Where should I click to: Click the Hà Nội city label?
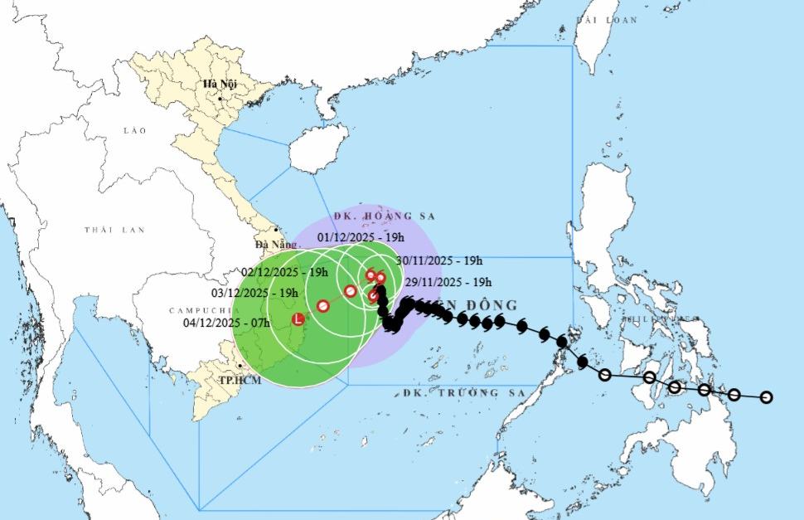coord(220,85)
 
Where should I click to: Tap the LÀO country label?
coord(133,131)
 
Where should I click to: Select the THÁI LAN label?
coord(114,230)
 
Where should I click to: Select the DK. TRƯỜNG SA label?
coord(463,392)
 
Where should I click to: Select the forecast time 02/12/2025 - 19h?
coord(284,271)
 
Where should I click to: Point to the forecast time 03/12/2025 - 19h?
coord(254,293)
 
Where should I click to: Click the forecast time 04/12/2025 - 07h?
coord(226,322)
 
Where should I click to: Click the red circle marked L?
coord(298,318)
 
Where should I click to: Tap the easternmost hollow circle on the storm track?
coord(766,397)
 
